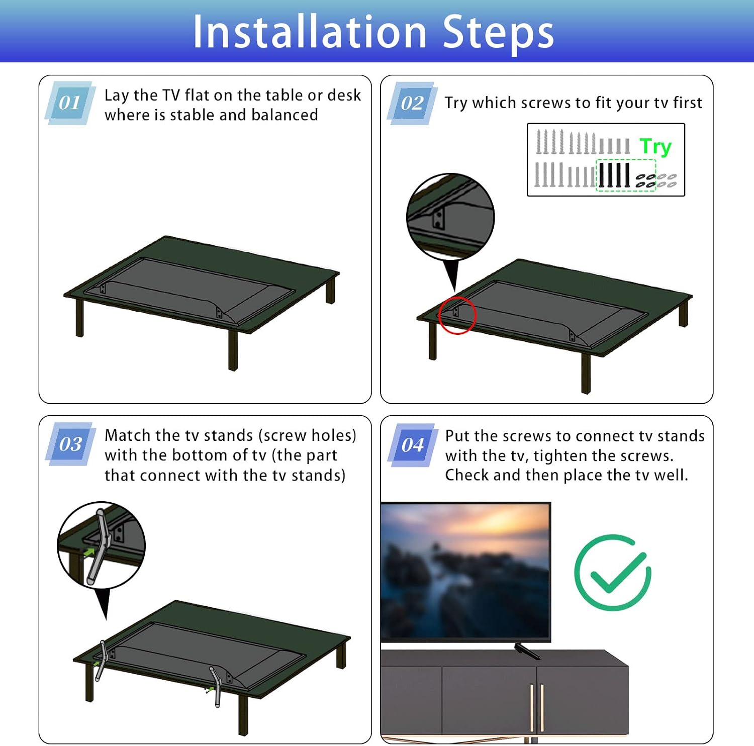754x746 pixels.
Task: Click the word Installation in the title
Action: [310, 32]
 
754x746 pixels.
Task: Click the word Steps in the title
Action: [498, 33]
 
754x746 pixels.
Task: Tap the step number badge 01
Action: [70, 103]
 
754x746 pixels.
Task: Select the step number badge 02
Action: [412, 103]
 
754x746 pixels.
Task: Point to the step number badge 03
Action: [70, 444]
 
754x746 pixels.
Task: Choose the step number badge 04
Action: [412, 445]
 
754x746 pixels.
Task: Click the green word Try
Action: [655, 147]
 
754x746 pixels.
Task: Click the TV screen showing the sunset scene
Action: [465, 572]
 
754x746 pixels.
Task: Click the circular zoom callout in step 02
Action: [450, 217]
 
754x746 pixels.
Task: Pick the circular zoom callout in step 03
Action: [102, 545]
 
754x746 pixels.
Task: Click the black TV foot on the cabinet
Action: [527, 651]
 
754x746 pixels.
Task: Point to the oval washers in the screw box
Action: [656, 180]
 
